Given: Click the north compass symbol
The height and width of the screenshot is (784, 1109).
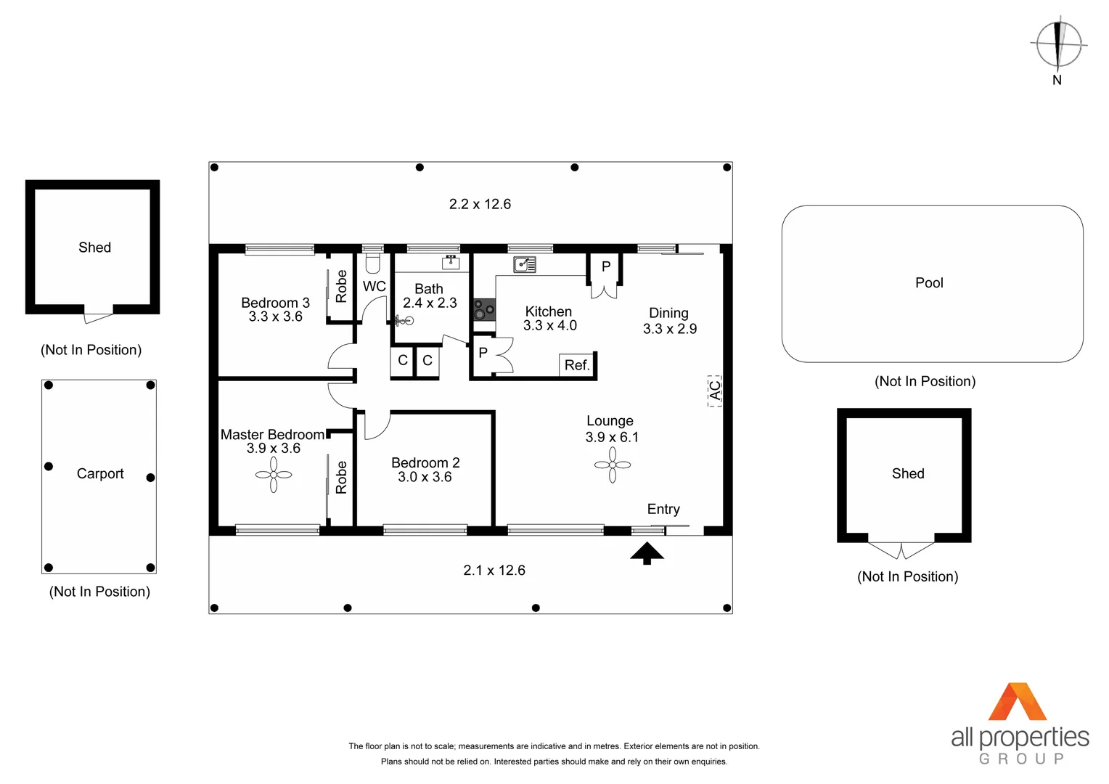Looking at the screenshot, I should click(1058, 45).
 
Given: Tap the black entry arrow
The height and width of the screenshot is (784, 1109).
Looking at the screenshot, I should click(647, 554).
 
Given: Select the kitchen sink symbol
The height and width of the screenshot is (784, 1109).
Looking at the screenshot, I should click(524, 264).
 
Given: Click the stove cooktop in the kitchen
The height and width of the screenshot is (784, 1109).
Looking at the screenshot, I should click(483, 310).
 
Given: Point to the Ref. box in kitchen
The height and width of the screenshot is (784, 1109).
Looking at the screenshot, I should click(577, 365).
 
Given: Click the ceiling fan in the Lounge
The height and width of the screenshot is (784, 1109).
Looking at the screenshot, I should click(613, 465).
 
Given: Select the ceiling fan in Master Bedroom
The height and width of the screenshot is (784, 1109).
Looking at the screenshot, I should click(274, 475).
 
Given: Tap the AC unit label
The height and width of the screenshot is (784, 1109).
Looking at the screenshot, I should click(715, 391).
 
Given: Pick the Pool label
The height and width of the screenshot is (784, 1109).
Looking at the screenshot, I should click(929, 283).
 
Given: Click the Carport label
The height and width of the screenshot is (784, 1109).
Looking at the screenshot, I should click(100, 474).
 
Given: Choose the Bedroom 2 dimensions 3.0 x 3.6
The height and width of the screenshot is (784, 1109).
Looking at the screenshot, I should click(425, 477).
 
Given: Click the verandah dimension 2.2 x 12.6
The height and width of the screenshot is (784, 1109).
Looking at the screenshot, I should click(480, 204).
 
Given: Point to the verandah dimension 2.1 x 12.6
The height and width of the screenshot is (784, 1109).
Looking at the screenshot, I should click(494, 571).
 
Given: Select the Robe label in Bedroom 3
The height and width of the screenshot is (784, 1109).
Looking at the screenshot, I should click(341, 286).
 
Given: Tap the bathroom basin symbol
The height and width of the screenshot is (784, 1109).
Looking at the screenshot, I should click(451, 262).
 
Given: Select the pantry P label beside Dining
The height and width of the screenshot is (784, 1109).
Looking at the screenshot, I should click(606, 267).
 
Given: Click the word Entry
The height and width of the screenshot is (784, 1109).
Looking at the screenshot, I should click(663, 509).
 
